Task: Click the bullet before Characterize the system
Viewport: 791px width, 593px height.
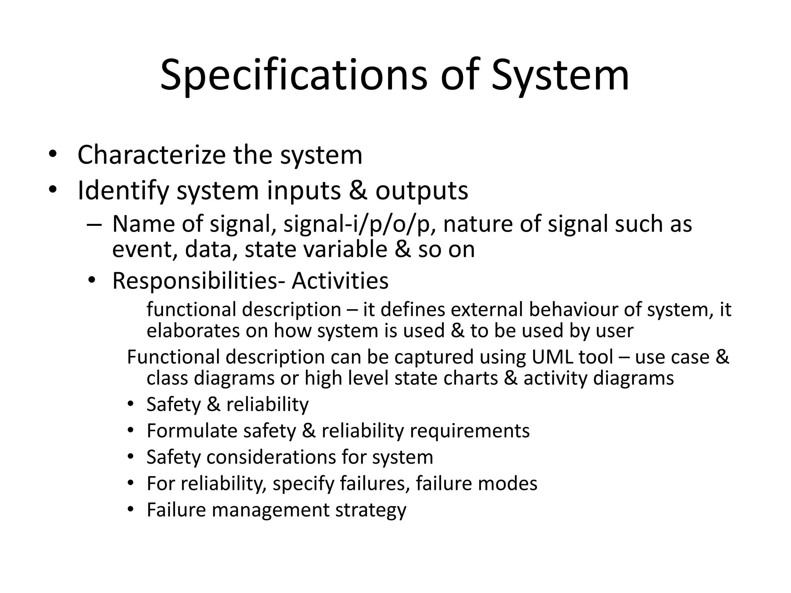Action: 53,155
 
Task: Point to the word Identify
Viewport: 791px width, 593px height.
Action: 123,191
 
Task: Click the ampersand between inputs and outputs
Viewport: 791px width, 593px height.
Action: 358,191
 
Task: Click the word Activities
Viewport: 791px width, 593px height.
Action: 340,281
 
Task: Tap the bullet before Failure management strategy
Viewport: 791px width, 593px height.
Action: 131,510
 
